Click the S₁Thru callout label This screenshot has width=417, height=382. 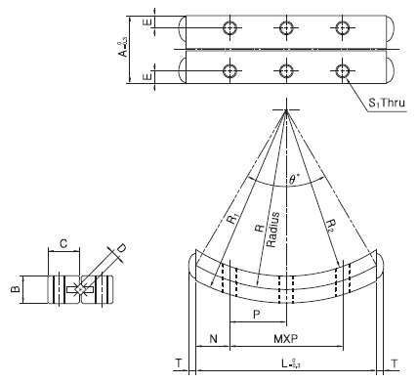[387, 103]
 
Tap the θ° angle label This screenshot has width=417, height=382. [294, 180]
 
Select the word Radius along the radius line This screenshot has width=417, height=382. [272, 230]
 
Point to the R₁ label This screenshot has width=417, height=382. [232, 218]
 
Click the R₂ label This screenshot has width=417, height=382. [331, 225]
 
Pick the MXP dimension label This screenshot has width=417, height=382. [285, 339]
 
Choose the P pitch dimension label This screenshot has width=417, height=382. [257, 315]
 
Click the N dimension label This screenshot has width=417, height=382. [213, 339]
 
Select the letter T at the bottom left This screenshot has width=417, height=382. [179, 363]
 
